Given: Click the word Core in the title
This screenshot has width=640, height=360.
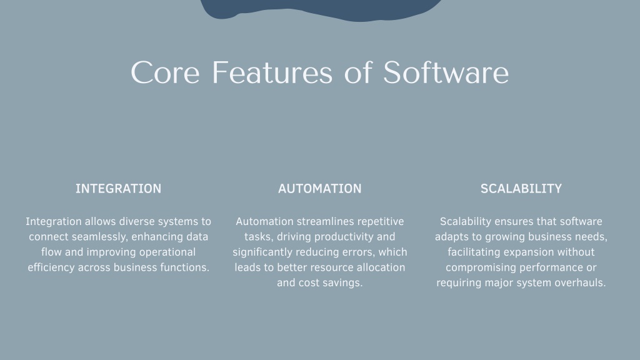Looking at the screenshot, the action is click(x=165, y=72).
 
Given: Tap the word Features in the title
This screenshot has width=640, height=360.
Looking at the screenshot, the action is click(x=272, y=72).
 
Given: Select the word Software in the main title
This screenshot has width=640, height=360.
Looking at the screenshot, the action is click(x=446, y=72).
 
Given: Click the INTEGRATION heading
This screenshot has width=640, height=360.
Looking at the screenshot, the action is click(x=118, y=189).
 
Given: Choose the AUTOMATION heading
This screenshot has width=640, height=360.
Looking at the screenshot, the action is click(x=320, y=189).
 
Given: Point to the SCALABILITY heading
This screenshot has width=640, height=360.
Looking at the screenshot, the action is click(x=521, y=189).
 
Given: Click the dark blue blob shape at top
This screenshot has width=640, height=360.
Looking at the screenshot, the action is click(x=321, y=9).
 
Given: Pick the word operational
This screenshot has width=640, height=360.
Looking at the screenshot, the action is click(x=167, y=252).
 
